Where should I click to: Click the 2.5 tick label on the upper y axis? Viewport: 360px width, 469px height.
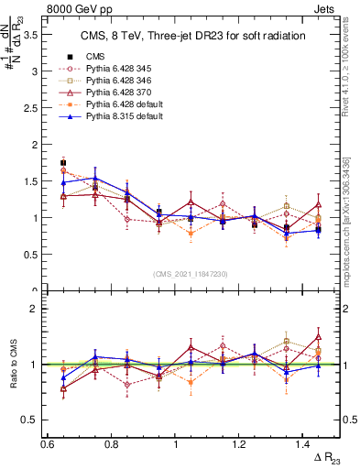click(33, 108)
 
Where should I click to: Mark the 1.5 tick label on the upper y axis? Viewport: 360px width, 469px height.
click(33, 181)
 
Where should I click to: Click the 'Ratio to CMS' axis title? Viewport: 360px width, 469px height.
click(12, 364)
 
